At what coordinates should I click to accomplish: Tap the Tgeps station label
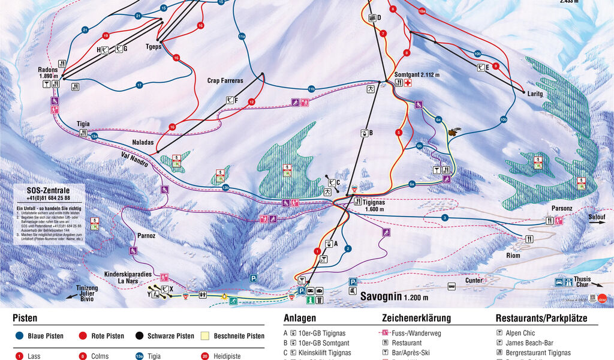pos(155,46)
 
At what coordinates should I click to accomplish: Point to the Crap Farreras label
pos(225,80)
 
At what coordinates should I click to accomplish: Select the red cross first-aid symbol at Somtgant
pos(408,83)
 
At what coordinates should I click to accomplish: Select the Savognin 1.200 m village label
pos(394,296)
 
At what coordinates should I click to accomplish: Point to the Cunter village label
pos(474,280)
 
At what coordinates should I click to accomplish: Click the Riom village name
pos(513,255)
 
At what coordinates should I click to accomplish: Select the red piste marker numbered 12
pos(252,103)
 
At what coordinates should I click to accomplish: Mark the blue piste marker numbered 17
pos(139,85)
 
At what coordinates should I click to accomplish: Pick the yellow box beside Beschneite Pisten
pos(204,336)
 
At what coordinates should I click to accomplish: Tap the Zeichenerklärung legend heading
pos(416,319)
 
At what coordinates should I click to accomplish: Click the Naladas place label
pos(142,143)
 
